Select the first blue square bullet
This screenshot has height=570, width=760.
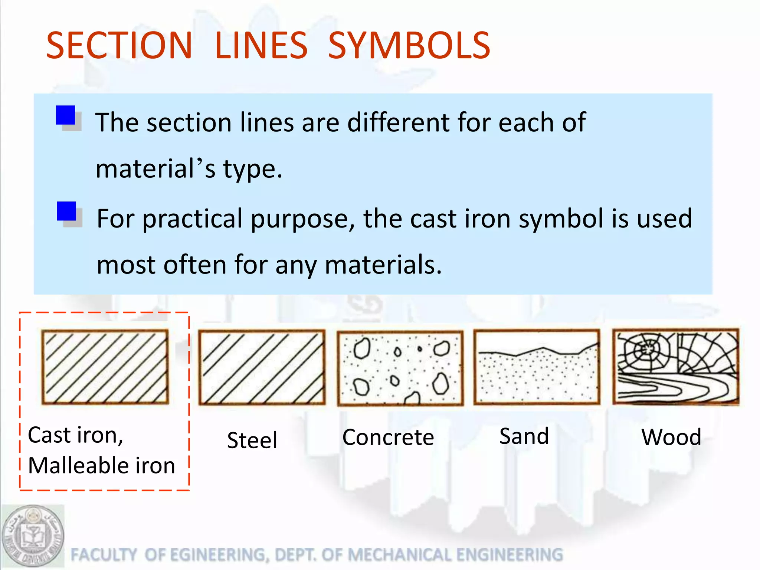coord(66,115)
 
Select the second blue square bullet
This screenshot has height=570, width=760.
coord(66,211)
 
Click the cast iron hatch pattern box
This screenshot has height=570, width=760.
coord(105,367)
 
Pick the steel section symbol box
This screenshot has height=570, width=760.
coord(262,367)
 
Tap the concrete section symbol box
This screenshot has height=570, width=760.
coord(400,368)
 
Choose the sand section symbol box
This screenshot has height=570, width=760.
coord(537,367)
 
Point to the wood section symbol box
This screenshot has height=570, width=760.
coord(676,366)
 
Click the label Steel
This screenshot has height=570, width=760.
coord(252,440)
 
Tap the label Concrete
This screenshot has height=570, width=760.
coord(388,437)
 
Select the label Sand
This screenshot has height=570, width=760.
coord(524,436)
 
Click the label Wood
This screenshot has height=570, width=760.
coord(671,437)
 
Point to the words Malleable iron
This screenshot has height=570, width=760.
coord(101,465)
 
